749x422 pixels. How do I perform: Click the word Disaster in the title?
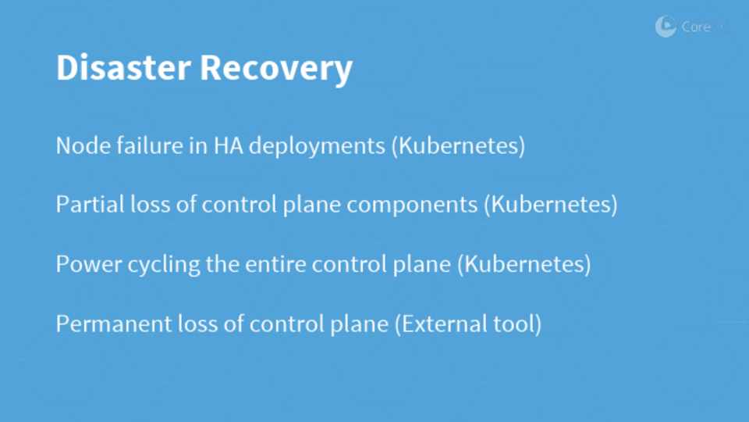(x=124, y=67)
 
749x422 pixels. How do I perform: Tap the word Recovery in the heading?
(x=276, y=70)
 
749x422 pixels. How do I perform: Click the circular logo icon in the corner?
(x=666, y=27)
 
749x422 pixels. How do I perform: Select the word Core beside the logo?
(x=696, y=27)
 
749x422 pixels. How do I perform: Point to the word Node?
(x=83, y=145)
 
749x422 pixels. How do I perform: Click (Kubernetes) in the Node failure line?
(x=458, y=146)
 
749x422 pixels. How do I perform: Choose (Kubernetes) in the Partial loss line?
(x=550, y=205)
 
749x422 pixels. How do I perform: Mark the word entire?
(x=275, y=264)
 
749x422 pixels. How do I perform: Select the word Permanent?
(x=114, y=324)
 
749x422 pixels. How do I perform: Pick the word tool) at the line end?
(x=518, y=324)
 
